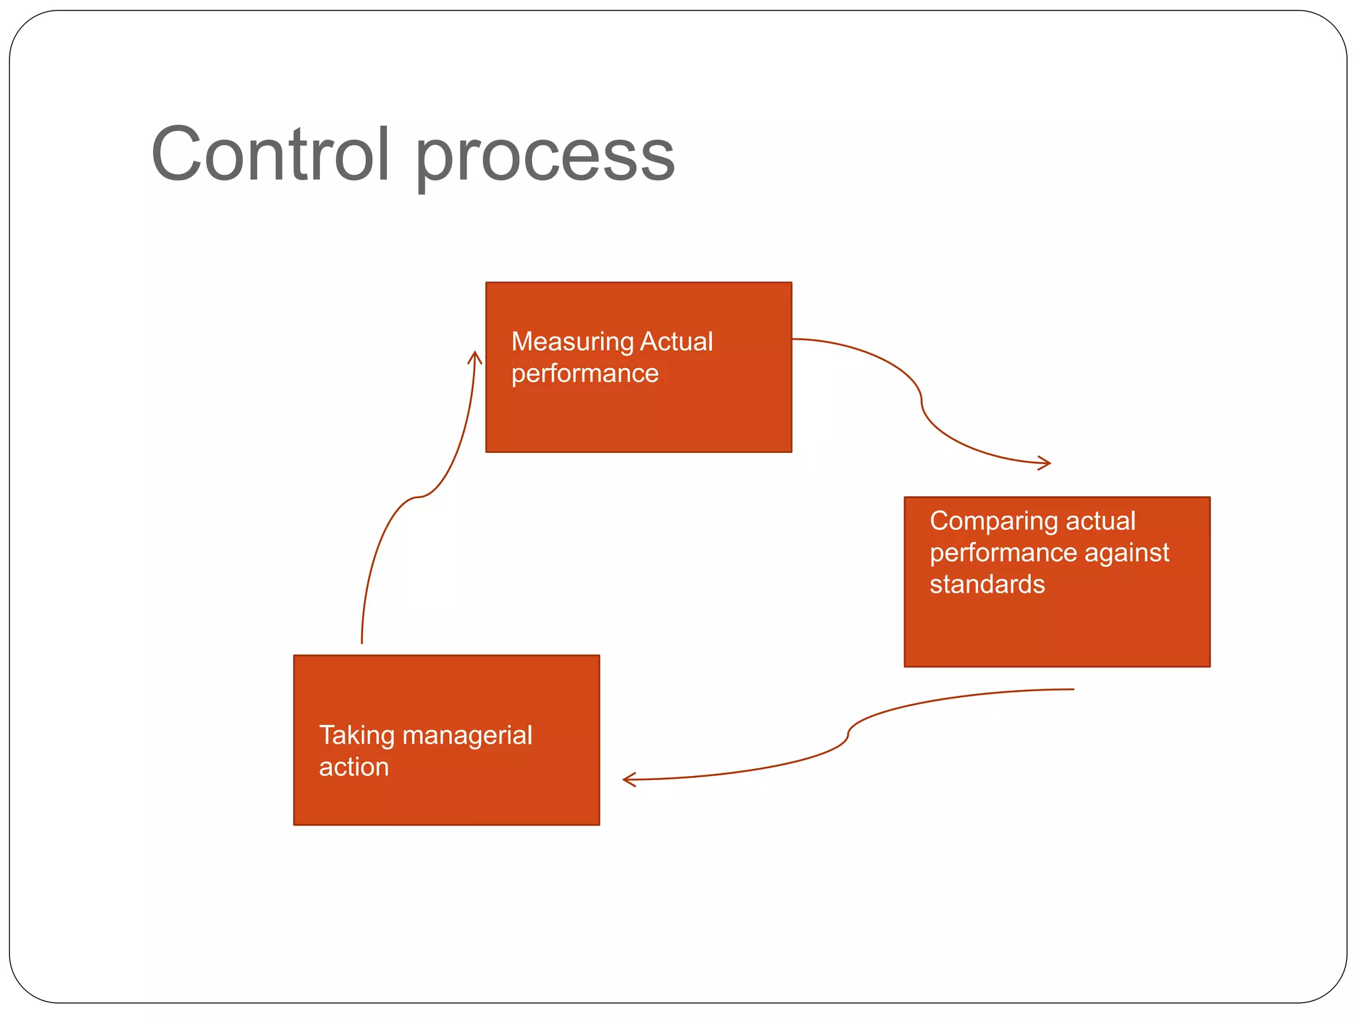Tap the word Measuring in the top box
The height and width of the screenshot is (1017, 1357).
572,342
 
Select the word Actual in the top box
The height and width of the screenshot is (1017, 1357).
677,342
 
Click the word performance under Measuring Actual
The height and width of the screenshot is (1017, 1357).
584,374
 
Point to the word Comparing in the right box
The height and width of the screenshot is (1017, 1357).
993,522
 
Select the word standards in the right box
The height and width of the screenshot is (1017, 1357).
987,585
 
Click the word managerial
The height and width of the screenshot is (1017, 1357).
466,736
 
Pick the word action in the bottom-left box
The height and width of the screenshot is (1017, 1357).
353,767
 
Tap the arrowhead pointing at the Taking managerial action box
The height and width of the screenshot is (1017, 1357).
627,779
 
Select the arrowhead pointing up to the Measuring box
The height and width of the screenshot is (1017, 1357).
474,357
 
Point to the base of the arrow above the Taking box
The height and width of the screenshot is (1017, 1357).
362,641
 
